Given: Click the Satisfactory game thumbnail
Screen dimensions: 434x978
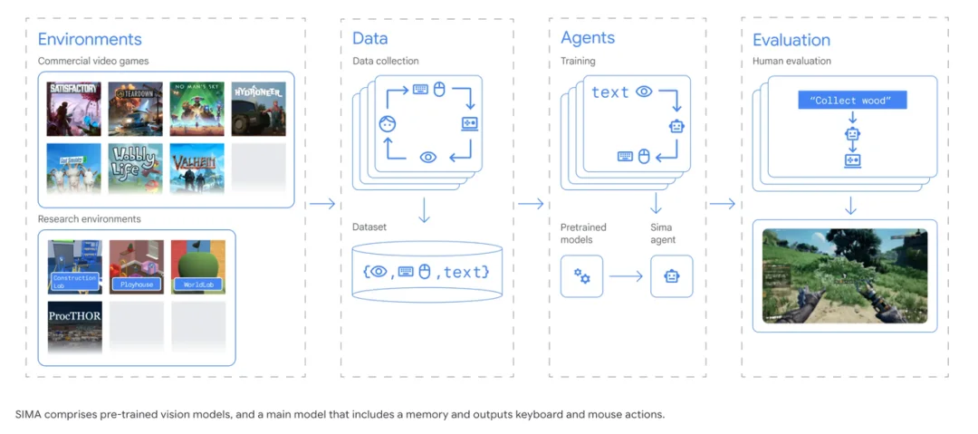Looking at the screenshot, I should [74, 108].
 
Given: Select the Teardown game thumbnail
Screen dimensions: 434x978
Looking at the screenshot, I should [136, 108].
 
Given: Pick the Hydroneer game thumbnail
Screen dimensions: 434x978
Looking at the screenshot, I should [259, 108].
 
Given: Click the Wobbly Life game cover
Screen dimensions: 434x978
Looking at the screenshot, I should [136, 169].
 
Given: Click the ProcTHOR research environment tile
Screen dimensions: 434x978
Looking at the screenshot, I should [74, 326].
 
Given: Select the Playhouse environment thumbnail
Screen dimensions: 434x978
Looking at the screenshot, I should [137, 266].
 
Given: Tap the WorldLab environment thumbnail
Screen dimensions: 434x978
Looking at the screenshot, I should [198, 266].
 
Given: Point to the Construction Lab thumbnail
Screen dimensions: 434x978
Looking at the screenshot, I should [74, 266].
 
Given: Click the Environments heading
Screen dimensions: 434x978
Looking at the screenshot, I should [90, 39].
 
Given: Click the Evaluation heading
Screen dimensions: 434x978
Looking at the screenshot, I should [791, 40].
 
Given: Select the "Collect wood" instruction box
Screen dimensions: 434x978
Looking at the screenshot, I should [851, 100].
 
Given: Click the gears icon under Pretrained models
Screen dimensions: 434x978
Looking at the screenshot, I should [581, 276].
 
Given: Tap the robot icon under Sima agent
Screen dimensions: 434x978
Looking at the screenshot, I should [671, 276].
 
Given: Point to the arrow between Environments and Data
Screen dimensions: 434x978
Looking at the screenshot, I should [321, 204].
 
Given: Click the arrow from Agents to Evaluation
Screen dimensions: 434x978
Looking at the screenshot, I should [722, 204].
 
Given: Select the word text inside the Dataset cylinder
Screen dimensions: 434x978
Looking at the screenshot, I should [465, 271].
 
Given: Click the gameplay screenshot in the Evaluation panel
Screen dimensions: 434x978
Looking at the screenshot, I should [844, 276].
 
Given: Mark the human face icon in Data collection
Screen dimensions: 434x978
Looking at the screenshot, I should [387, 123].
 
